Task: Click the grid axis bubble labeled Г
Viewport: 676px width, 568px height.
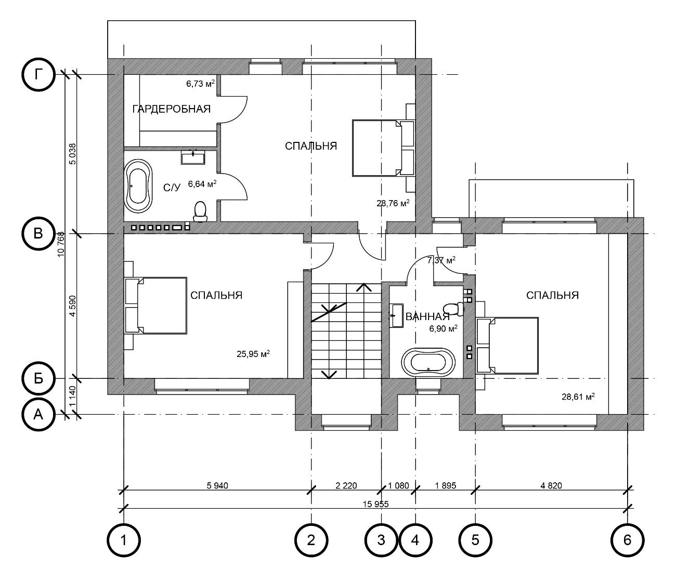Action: (38, 75)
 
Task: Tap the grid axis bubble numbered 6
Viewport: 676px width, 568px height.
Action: (627, 540)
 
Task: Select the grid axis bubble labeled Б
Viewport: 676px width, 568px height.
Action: (38, 378)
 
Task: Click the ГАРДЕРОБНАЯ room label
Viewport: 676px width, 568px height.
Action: (171, 109)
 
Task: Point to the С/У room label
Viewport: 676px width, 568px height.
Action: (171, 188)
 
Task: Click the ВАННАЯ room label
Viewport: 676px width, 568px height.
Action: (427, 316)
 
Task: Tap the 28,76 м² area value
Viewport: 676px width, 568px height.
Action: (393, 203)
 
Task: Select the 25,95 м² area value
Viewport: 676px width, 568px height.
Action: (253, 354)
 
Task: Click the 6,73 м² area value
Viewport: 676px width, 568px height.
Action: (200, 84)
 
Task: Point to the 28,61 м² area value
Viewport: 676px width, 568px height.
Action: (578, 397)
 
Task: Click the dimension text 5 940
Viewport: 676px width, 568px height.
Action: (217, 485)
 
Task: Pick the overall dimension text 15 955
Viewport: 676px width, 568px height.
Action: (375, 504)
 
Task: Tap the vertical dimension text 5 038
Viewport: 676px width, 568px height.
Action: (72, 154)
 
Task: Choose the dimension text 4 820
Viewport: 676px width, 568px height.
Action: (551, 485)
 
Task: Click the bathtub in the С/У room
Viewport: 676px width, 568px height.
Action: (138, 186)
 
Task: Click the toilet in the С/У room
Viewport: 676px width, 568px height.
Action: (200, 212)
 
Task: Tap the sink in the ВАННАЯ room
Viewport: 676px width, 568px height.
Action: (397, 315)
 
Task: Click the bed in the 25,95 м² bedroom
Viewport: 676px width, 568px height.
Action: (156, 306)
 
